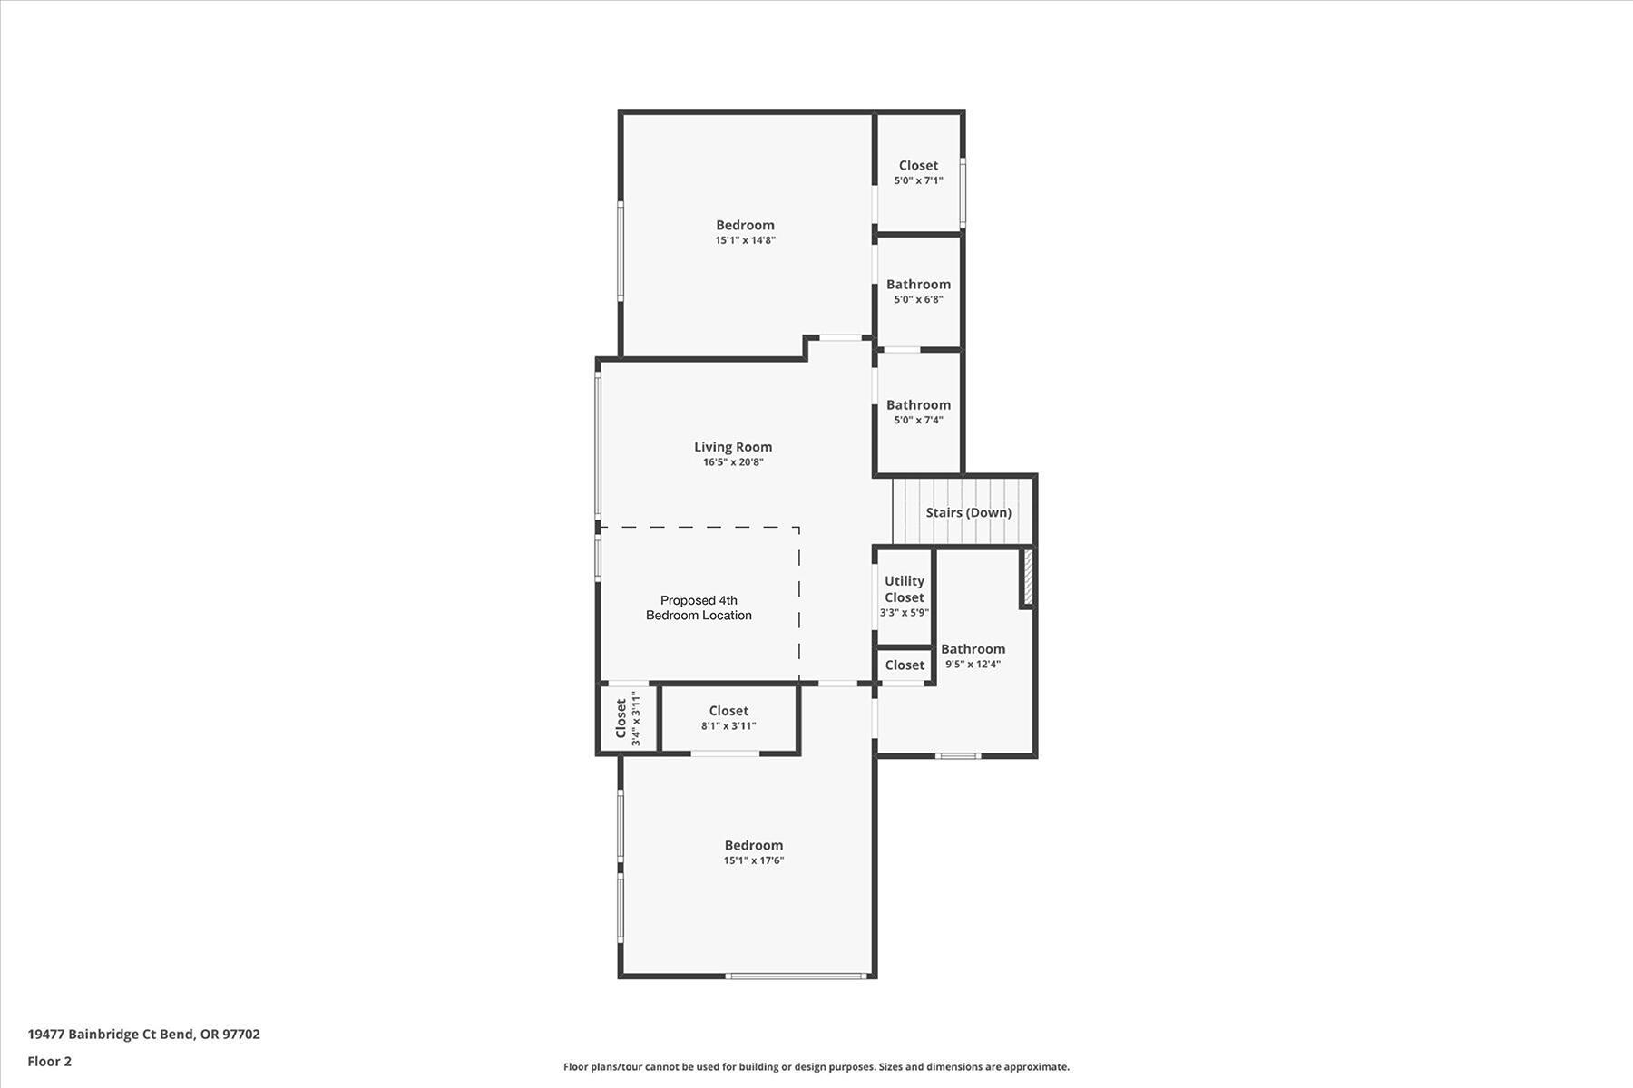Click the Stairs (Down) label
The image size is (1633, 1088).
pyautogui.click(x=968, y=512)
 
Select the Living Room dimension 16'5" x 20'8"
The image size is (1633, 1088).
pyautogui.click(x=733, y=462)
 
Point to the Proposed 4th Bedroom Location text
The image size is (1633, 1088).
pyautogui.click(x=699, y=607)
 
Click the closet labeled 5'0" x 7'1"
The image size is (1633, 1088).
pyautogui.click(x=918, y=172)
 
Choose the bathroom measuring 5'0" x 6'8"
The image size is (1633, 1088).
pyautogui.click(x=918, y=291)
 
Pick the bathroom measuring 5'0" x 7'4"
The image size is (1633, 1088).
pyautogui.click(x=918, y=412)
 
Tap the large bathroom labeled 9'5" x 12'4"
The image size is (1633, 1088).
pyautogui.click(x=973, y=656)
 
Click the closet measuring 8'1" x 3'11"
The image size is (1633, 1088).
pyautogui.click(x=728, y=718)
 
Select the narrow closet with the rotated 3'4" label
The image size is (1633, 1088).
pyautogui.click(x=628, y=719)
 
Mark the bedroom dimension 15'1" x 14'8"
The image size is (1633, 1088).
pyautogui.click(x=745, y=240)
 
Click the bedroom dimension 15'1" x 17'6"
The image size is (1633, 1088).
pyautogui.click(x=753, y=860)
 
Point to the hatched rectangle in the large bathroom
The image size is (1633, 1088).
pyautogui.click(x=1028, y=578)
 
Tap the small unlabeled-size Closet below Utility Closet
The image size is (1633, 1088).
pyautogui.click(x=905, y=665)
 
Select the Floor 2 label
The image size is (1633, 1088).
pyautogui.click(x=49, y=1061)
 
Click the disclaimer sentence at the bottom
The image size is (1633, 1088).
pyautogui.click(x=816, y=1067)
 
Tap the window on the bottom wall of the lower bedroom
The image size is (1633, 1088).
pyautogui.click(x=796, y=976)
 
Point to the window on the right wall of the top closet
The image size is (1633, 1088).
pyautogui.click(x=963, y=190)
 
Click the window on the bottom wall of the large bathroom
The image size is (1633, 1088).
pyautogui.click(x=958, y=755)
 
